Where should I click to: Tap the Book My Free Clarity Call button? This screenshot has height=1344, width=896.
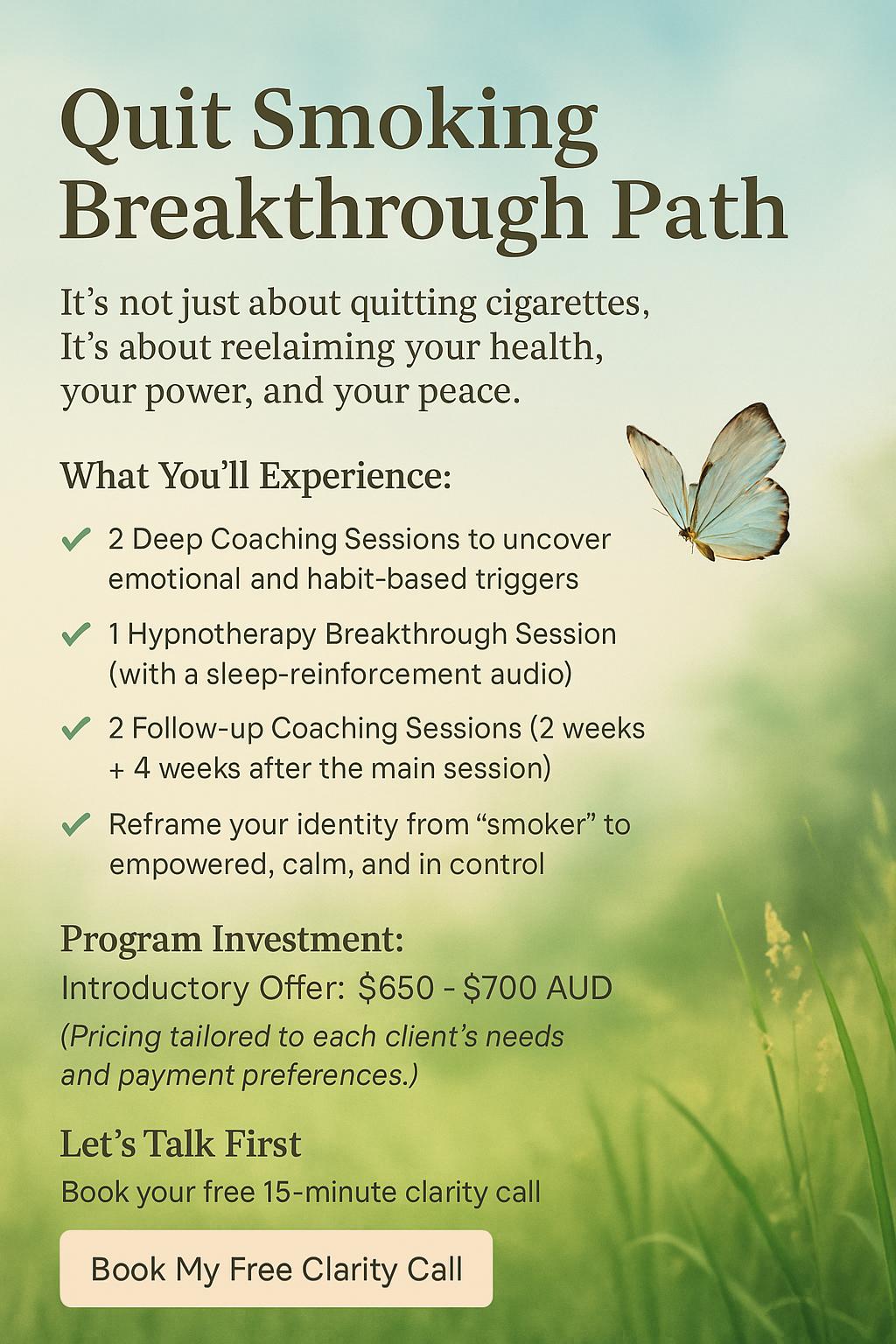click(x=276, y=1269)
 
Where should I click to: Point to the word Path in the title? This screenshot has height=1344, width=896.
click(x=696, y=207)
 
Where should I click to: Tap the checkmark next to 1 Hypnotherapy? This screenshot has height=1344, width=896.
click(x=75, y=633)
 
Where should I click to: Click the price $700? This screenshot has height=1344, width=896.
click(x=500, y=987)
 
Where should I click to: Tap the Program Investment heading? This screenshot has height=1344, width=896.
click(x=232, y=939)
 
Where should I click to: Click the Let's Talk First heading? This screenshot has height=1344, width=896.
click(x=180, y=1144)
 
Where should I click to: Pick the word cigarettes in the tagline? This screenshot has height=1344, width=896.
click(x=567, y=304)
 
